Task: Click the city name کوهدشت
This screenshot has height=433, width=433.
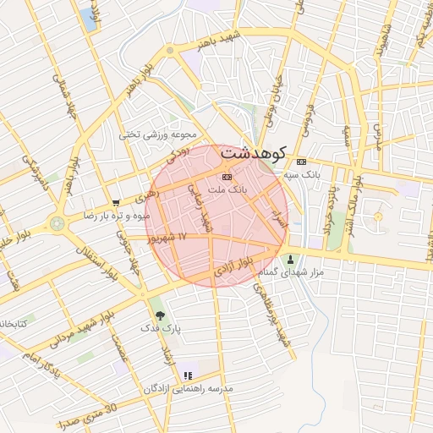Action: (x=252, y=155)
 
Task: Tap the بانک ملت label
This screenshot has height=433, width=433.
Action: (x=227, y=190)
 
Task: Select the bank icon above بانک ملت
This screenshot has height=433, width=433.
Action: (x=226, y=177)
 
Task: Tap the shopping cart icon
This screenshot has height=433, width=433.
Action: (x=115, y=203)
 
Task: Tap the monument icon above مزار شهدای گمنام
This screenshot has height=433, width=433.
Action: (x=293, y=258)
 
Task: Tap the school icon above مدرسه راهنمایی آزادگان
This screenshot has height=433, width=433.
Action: (x=188, y=374)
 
